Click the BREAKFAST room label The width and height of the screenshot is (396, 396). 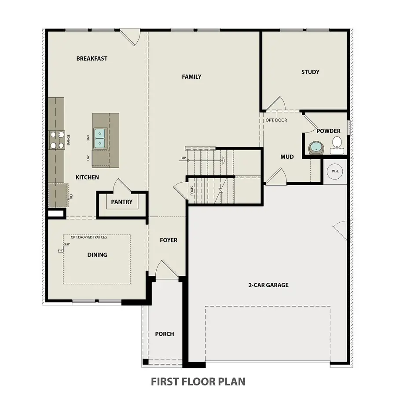coord(92,59)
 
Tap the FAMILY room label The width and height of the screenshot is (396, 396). coord(191,77)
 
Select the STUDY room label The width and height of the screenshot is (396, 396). coord(310,72)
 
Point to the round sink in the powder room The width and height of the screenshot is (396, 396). coord(315,147)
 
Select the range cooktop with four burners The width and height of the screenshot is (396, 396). coord(56,140)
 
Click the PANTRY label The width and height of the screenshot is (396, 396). coord(121,202)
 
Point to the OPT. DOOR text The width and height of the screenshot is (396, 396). coord(276,120)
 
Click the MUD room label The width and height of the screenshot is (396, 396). coord(287,157)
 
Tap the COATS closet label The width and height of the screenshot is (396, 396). coord(192,190)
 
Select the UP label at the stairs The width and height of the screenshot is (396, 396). coord(183,158)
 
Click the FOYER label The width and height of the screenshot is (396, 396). coord(169,240)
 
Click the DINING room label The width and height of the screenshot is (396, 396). coord(97,255)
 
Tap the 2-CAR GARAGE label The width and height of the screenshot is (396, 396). coord(268,285)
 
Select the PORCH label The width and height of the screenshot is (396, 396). coord(164,334)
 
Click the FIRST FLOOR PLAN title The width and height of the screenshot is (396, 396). coord(198,381)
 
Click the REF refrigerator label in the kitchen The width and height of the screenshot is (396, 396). coord(71,196)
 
